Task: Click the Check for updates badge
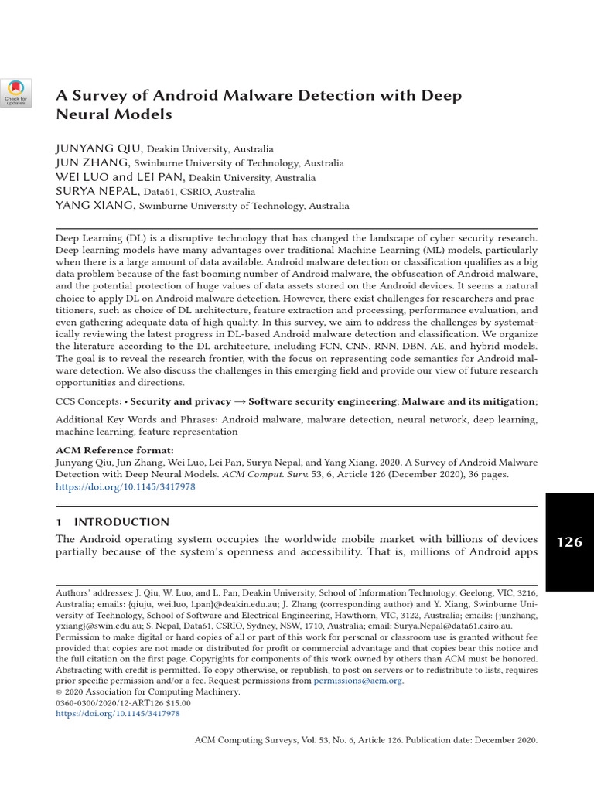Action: [16, 92]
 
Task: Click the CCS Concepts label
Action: [88, 401]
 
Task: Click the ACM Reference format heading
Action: [114, 450]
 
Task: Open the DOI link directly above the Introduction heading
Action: [125, 488]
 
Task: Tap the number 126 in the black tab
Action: [569, 541]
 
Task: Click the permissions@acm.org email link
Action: [358, 681]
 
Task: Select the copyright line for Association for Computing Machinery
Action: [148, 692]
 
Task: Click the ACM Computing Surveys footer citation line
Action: [365, 740]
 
